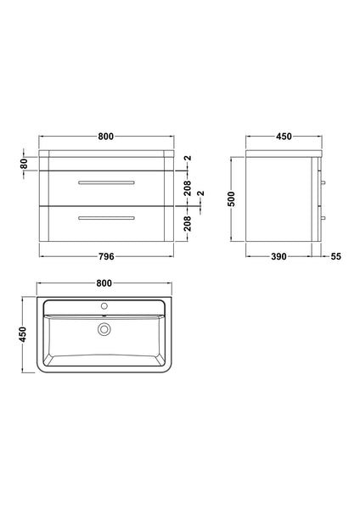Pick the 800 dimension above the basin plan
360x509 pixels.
pos(105,283)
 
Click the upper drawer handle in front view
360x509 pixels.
pos(105,182)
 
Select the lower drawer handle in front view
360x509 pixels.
pos(105,218)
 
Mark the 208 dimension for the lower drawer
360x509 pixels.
pos(188,223)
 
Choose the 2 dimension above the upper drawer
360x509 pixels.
pos(188,159)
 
